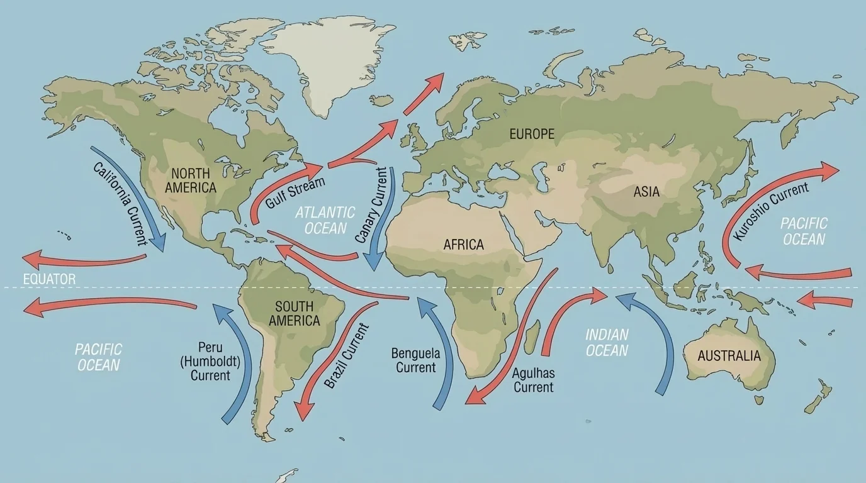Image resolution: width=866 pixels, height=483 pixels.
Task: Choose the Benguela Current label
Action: pyautogui.click(x=415, y=360)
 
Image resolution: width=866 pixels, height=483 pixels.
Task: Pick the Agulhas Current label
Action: pyautogui.click(x=533, y=380)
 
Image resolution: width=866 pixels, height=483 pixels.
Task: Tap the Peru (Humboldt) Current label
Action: pyautogui.click(x=210, y=361)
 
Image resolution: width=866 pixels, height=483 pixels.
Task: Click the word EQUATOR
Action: pyautogui.click(x=48, y=279)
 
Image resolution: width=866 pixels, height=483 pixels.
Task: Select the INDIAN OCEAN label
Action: pyautogui.click(x=607, y=342)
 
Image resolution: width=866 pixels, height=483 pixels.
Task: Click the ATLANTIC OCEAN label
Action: pyautogui.click(x=325, y=220)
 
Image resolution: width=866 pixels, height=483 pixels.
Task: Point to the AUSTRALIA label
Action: pyautogui.click(x=729, y=356)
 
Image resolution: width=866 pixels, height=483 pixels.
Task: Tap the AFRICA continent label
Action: pyautogui.click(x=463, y=245)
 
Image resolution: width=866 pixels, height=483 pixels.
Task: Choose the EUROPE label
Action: pyautogui.click(x=532, y=134)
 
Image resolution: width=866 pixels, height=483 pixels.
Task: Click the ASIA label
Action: pyautogui.click(x=646, y=191)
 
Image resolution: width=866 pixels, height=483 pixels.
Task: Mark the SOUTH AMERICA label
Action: pyautogui.click(x=294, y=314)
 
